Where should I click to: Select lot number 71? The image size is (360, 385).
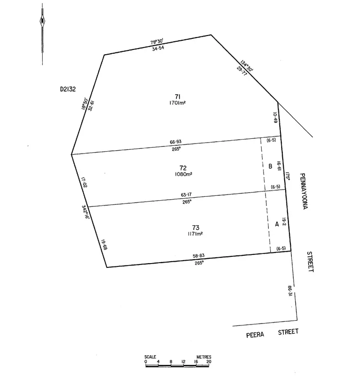(179, 96)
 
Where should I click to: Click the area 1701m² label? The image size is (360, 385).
(179, 103)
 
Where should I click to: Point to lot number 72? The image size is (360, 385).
(182, 168)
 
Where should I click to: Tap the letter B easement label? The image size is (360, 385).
(271, 167)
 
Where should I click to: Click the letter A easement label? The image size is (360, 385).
(276, 224)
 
